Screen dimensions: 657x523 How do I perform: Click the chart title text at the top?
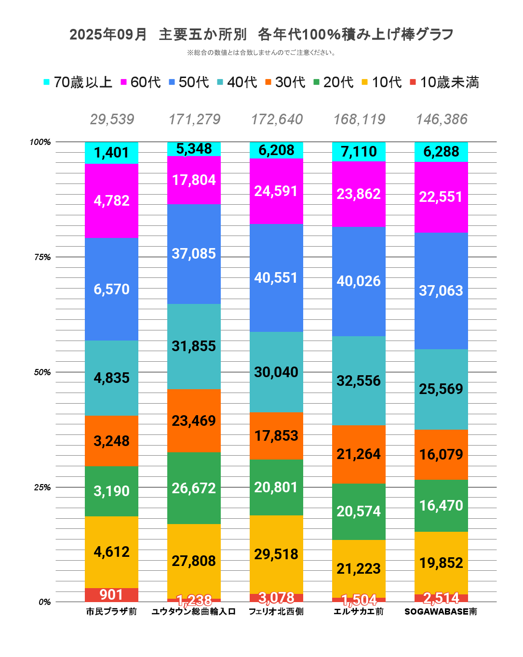click(x=261, y=35)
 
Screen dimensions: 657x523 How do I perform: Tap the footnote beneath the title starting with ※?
click(x=261, y=53)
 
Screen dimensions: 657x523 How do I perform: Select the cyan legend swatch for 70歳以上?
click(x=47, y=82)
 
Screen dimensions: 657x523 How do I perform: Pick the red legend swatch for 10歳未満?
click(x=413, y=82)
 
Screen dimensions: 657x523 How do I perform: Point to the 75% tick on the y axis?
click(x=42, y=257)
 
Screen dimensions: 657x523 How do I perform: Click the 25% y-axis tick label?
click(x=42, y=487)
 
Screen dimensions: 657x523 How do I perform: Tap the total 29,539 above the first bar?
click(x=112, y=119)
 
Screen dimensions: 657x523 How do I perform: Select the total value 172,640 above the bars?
click(x=277, y=119)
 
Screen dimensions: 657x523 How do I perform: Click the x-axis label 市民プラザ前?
click(x=111, y=612)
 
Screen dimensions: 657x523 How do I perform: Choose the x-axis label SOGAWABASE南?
click(x=441, y=612)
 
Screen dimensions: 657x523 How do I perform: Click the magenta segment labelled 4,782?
click(x=111, y=200)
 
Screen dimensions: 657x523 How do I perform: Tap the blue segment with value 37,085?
click(x=194, y=254)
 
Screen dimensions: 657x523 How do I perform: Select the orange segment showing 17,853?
click(x=276, y=435)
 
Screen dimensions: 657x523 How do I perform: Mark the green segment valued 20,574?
click(x=359, y=511)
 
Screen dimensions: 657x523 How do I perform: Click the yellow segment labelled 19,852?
click(x=441, y=563)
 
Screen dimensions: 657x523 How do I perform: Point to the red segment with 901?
click(x=111, y=595)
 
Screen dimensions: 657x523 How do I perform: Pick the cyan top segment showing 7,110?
click(x=359, y=152)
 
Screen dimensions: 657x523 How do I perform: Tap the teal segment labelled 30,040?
click(x=276, y=372)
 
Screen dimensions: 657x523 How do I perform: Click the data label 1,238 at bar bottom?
click(x=194, y=600)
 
